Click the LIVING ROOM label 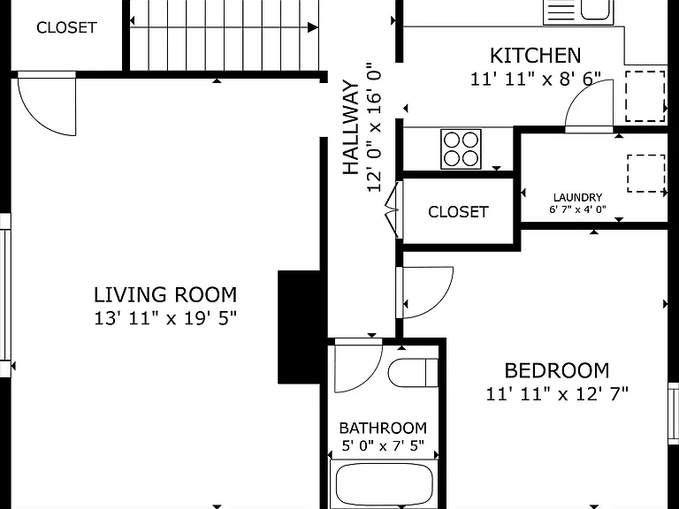pos(165,295)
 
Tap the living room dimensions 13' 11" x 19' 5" pos(165,318)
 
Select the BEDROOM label pos(557,371)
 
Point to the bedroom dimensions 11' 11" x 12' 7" pos(557,394)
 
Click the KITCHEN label pos(535,56)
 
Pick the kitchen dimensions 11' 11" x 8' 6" pos(536,79)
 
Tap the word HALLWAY pos(351,127)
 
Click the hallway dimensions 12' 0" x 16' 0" pos(374,127)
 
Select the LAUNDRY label pos(577,197)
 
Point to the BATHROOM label pos(383,428)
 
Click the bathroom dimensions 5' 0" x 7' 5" pos(383,445)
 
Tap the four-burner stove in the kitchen pos(461,148)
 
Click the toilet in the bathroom pos(413,373)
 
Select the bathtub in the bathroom pos(384,483)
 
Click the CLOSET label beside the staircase pos(66,27)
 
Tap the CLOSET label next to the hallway pos(458,212)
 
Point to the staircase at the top pos(225,34)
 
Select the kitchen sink pos(578,11)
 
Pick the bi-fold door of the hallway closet pos(393,210)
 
